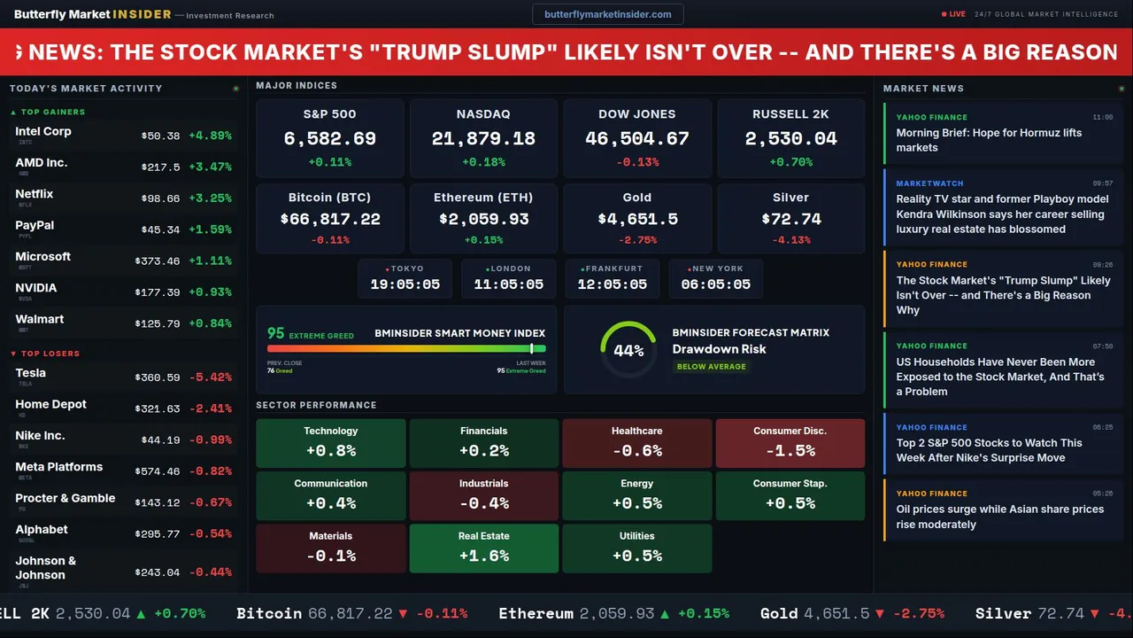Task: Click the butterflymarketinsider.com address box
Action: click(607, 14)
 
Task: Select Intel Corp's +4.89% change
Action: click(211, 136)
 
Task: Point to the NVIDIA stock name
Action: click(36, 288)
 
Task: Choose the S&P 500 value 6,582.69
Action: click(329, 139)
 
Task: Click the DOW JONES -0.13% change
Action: click(636, 162)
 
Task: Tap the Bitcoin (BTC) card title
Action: click(329, 198)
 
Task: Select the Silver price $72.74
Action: click(790, 219)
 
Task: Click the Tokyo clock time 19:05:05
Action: click(405, 284)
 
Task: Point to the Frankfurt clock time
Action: click(613, 284)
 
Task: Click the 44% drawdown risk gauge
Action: click(628, 350)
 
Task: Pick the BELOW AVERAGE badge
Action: click(711, 366)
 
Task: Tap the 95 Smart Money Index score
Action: click(276, 333)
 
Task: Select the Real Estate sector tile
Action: click(483, 548)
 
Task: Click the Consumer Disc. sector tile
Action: click(790, 442)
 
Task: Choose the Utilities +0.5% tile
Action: click(636, 548)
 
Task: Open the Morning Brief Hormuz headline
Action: click(989, 140)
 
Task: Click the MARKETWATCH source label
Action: click(929, 183)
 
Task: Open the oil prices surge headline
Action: click(999, 517)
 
